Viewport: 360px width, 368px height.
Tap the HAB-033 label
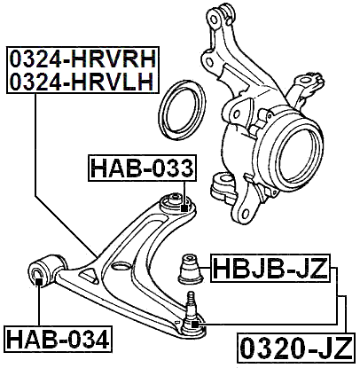(x=142, y=166)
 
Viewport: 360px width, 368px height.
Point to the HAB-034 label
(x=59, y=338)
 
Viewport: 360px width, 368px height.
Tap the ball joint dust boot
(x=190, y=266)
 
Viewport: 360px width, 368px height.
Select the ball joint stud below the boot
(x=192, y=308)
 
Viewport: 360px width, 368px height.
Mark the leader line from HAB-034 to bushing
(x=38, y=306)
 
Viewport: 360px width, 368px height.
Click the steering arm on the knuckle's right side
(x=310, y=84)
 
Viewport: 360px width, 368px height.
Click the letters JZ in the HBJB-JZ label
(x=307, y=266)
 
